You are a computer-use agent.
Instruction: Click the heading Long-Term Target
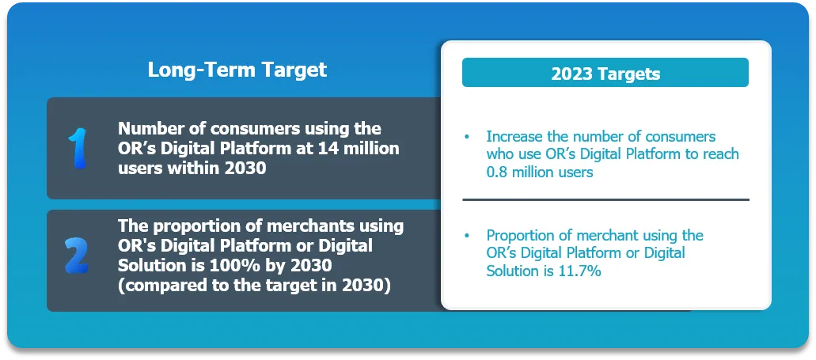point(237,70)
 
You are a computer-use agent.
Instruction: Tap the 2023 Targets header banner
point(605,72)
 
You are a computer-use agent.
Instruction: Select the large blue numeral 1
point(78,148)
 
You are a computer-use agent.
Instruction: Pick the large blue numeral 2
point(77,256)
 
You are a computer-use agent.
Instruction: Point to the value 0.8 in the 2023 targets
point(497,172)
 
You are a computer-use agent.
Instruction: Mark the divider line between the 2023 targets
point(605,199)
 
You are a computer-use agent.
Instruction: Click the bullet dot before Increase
point(466,137)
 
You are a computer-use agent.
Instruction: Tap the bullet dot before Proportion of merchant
point(466,236)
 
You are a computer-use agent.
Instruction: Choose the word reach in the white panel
point(720,154)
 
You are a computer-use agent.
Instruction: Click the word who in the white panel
point(501,154)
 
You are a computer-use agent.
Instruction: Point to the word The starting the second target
point(133,225)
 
